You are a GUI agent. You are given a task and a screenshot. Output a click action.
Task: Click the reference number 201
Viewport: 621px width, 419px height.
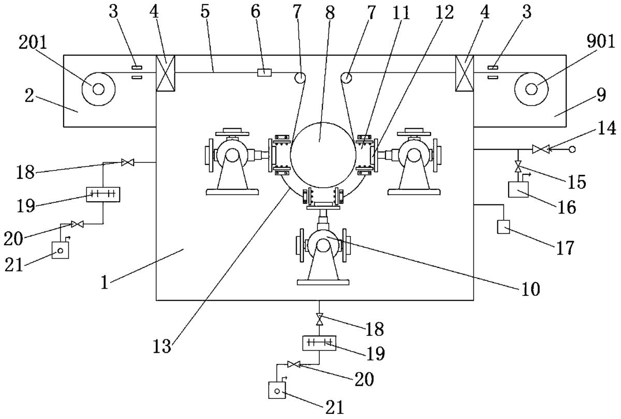[x=33, y=44]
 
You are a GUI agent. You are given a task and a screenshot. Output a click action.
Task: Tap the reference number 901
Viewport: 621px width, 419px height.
[x=600, y=42]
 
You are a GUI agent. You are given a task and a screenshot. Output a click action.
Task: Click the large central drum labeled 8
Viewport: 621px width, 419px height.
[x=323, y=155]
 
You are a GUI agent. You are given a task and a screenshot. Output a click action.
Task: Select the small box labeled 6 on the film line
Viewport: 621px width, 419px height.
[x=264, y=72]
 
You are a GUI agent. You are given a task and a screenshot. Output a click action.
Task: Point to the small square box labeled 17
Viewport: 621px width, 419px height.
[x=503, y=227]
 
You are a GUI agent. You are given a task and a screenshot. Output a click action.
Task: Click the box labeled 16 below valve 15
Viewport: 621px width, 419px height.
[x=518, y=189]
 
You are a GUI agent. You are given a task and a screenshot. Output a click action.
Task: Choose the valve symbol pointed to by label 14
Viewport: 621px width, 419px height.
[x=541, y=149]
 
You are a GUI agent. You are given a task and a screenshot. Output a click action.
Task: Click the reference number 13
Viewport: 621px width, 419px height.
[x=162, y=347]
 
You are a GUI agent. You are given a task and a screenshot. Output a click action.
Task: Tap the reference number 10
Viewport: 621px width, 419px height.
[x=530, y=289]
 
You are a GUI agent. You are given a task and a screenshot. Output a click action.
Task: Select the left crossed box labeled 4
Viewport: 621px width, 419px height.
[x=166, y=73]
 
